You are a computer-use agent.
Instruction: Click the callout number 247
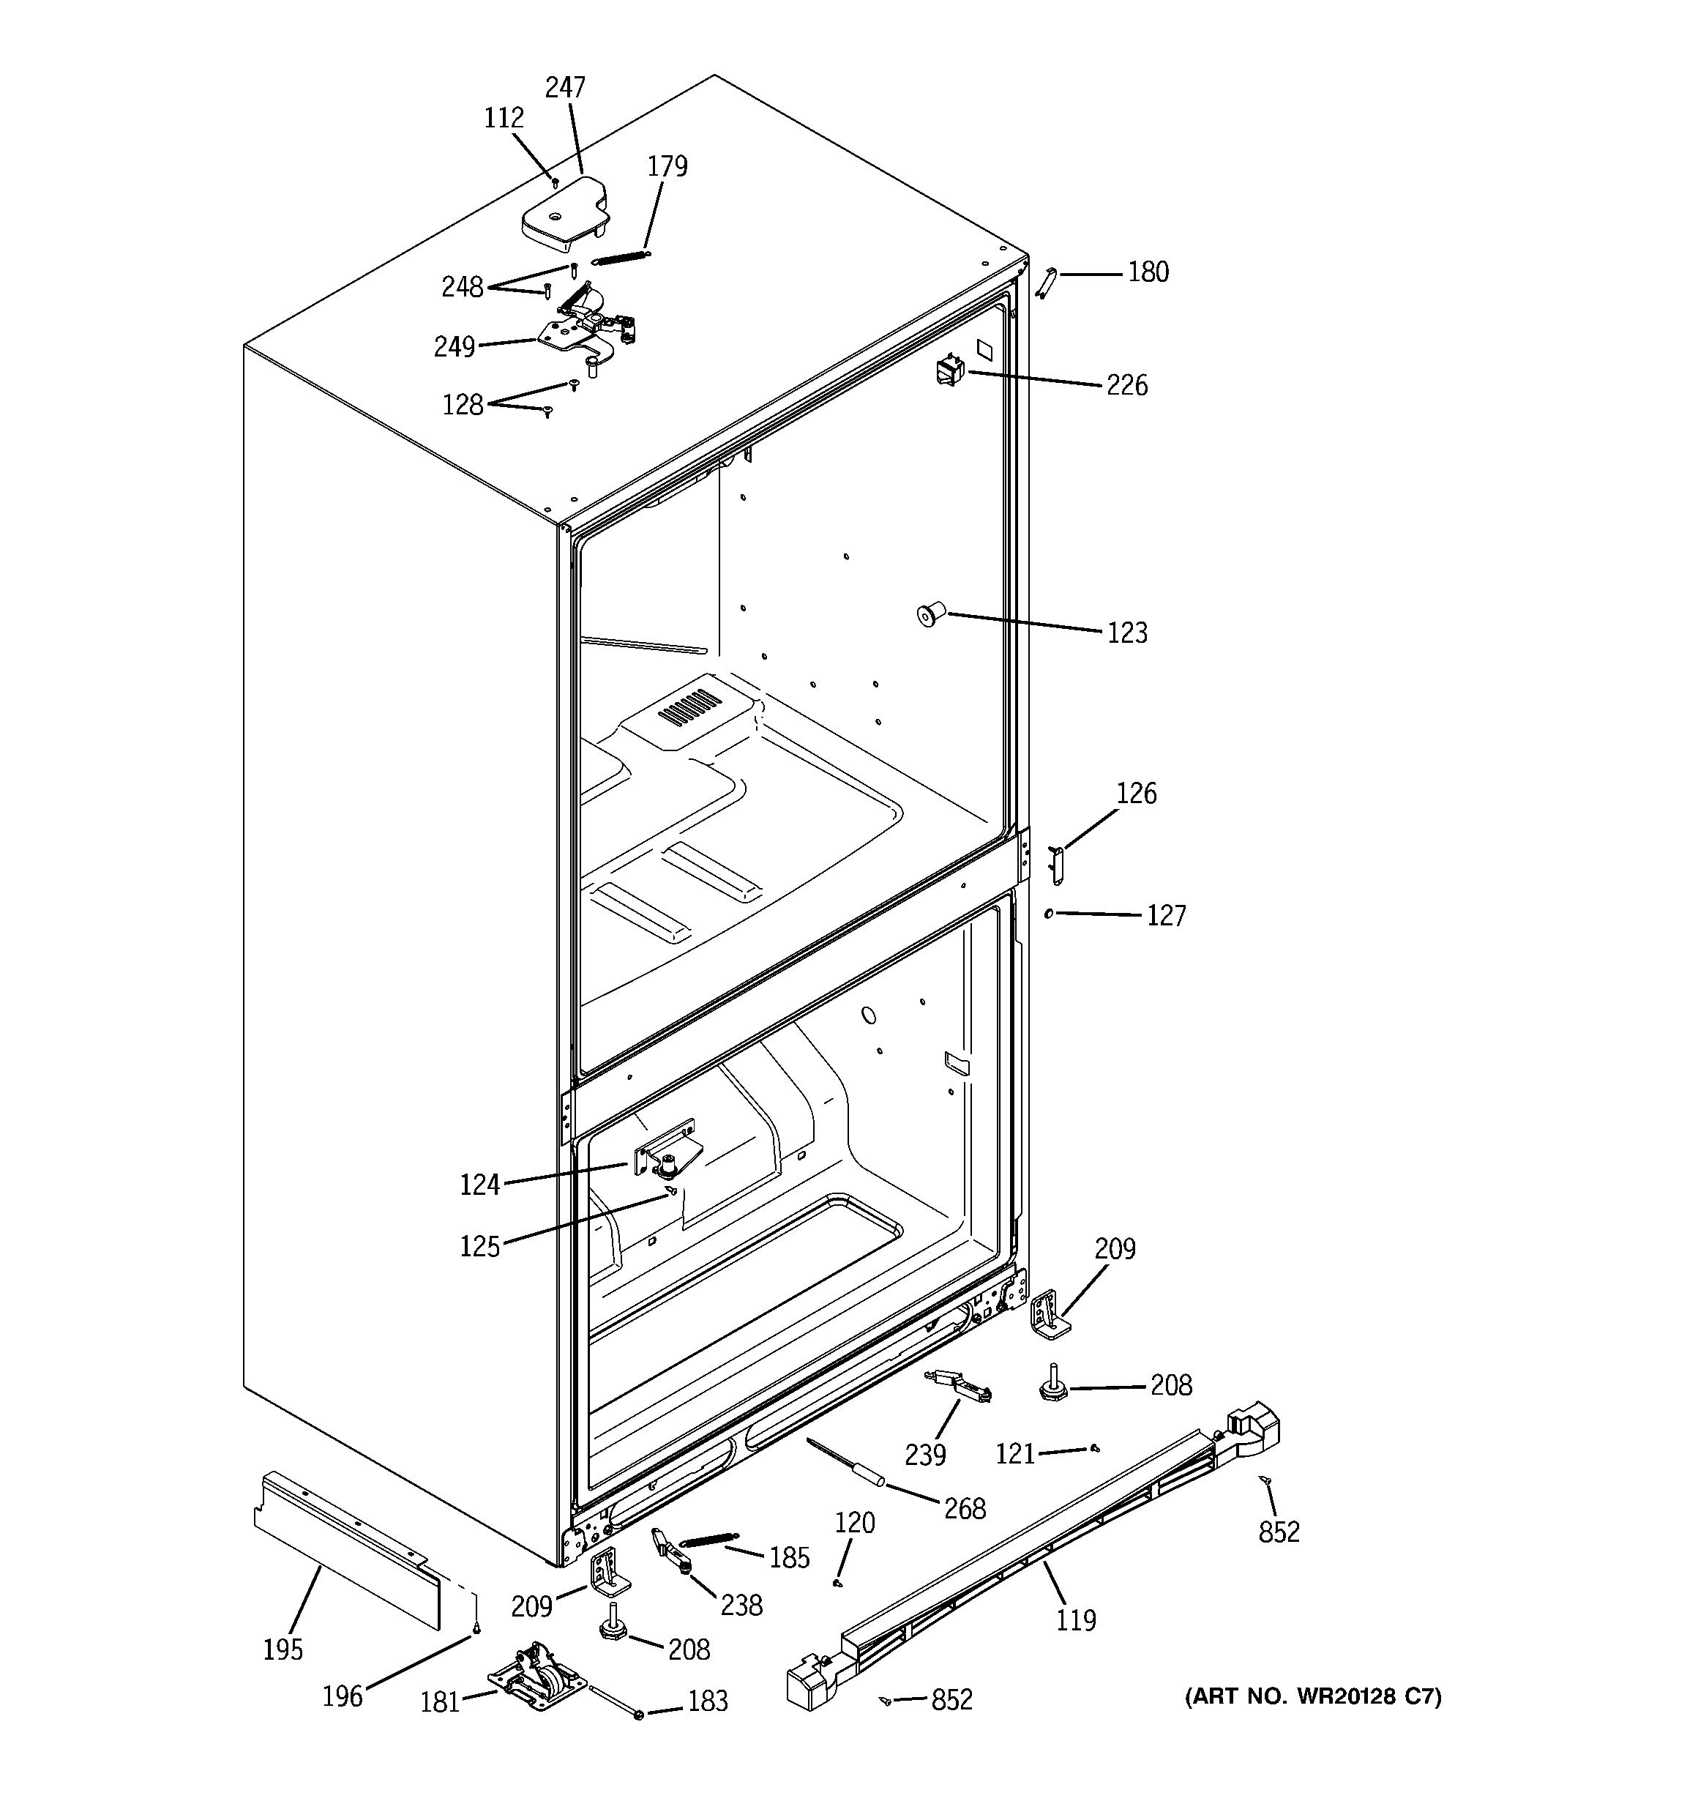pos(564,88)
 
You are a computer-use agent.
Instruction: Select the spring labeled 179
pos(621,257)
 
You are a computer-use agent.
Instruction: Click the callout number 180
pos(1148,272)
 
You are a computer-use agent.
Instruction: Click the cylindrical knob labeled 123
pos(930,614)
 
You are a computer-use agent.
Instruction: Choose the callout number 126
pos(1136,793)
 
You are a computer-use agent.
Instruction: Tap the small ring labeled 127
pos(1049,912)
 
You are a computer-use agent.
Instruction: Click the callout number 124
pos(479,1184)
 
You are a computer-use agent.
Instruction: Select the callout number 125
pos(479,1246)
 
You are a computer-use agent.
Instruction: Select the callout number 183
pos(707,1701)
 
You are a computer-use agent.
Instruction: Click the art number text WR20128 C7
pos(1312,1696)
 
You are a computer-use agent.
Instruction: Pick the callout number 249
pos(454,346)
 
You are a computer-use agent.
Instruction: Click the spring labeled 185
pos(710,1540)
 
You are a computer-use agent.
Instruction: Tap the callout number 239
pos(924,1455)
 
